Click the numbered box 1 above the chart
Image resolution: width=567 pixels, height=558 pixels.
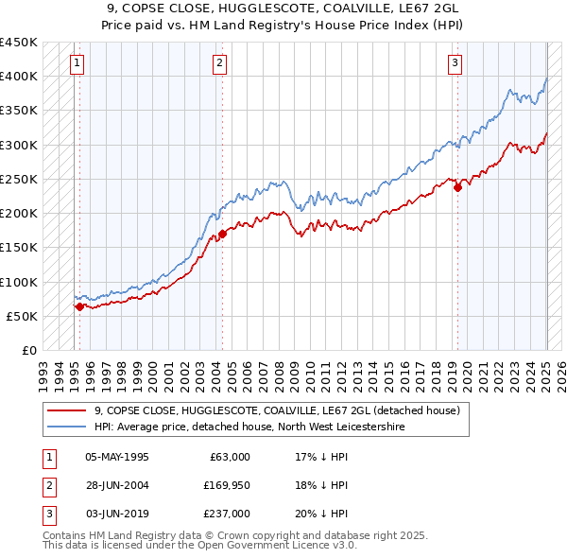(77, 63)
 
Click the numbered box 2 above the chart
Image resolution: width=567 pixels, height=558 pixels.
(219, 63)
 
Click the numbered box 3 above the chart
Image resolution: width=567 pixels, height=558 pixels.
(455, 63)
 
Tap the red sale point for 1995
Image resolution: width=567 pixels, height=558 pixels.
(79, 306)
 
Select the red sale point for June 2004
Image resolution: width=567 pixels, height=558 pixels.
(222, 233)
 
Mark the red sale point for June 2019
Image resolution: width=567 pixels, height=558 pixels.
(457, 187)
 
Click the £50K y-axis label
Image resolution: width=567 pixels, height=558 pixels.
(23, 316)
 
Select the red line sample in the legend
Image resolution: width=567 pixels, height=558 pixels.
(66, 411)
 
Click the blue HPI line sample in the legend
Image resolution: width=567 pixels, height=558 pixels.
(66, 427)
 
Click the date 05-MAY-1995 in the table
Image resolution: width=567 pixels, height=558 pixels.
(117, 457)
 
